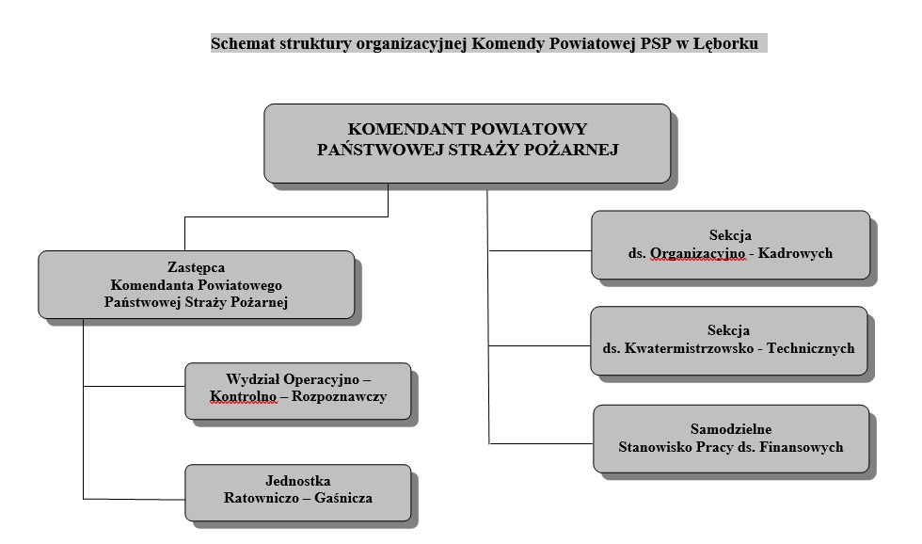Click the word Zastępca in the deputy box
[196, 268]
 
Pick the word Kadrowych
[795, 253]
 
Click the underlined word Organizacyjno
[697, 253]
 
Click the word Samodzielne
[731, 429]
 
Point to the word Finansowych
[801, 447]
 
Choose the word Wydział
[252, 379]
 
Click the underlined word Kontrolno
[243, 397]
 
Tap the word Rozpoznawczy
[340, 397]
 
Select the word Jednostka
[297, 481]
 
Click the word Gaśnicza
[343, 498]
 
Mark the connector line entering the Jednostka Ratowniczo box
[134, 500]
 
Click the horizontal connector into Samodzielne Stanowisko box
[541, 443]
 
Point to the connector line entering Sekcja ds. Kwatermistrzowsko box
[540, 345]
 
